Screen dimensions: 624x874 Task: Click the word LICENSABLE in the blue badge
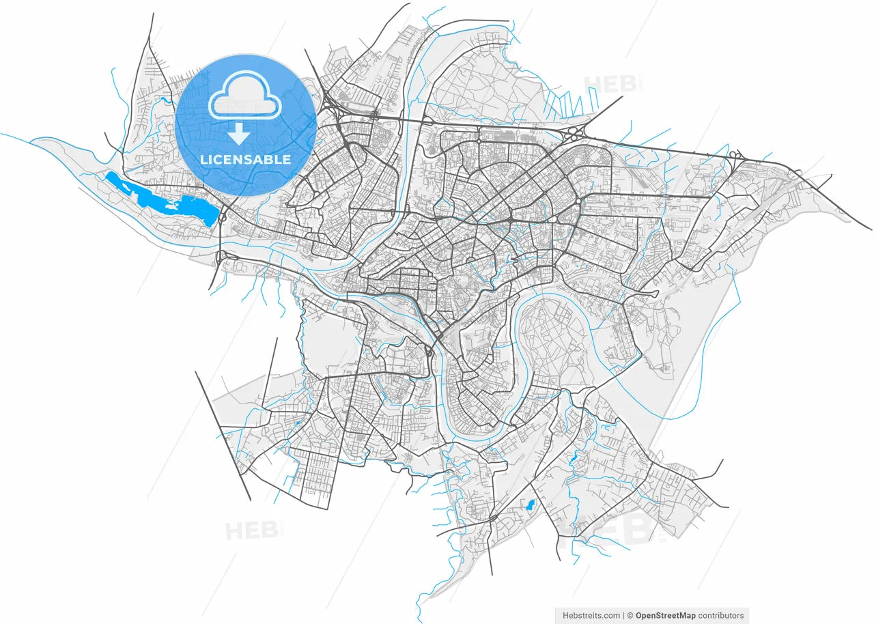click(x=245, y=160)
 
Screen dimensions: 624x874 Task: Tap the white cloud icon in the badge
click(x=245, y=102)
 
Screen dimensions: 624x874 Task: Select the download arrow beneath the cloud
click(x=238, y=134)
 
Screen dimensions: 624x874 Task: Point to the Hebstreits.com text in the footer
click(x=591, y=615)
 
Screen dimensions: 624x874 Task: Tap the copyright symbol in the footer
click(x=630, y=615)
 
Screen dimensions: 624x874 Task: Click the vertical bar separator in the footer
click(x=623, y=615)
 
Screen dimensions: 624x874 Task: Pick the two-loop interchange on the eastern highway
click(x=736, y=156)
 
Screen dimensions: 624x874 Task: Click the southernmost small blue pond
click(x=528, y=506)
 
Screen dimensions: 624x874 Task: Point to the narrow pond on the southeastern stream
click(x=574, y=459)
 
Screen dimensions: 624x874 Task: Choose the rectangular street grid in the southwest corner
click(x=315, y=478)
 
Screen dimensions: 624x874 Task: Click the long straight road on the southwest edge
click(x=223, y=437)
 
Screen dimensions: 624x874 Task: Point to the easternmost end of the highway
click(x=870, y=229)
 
